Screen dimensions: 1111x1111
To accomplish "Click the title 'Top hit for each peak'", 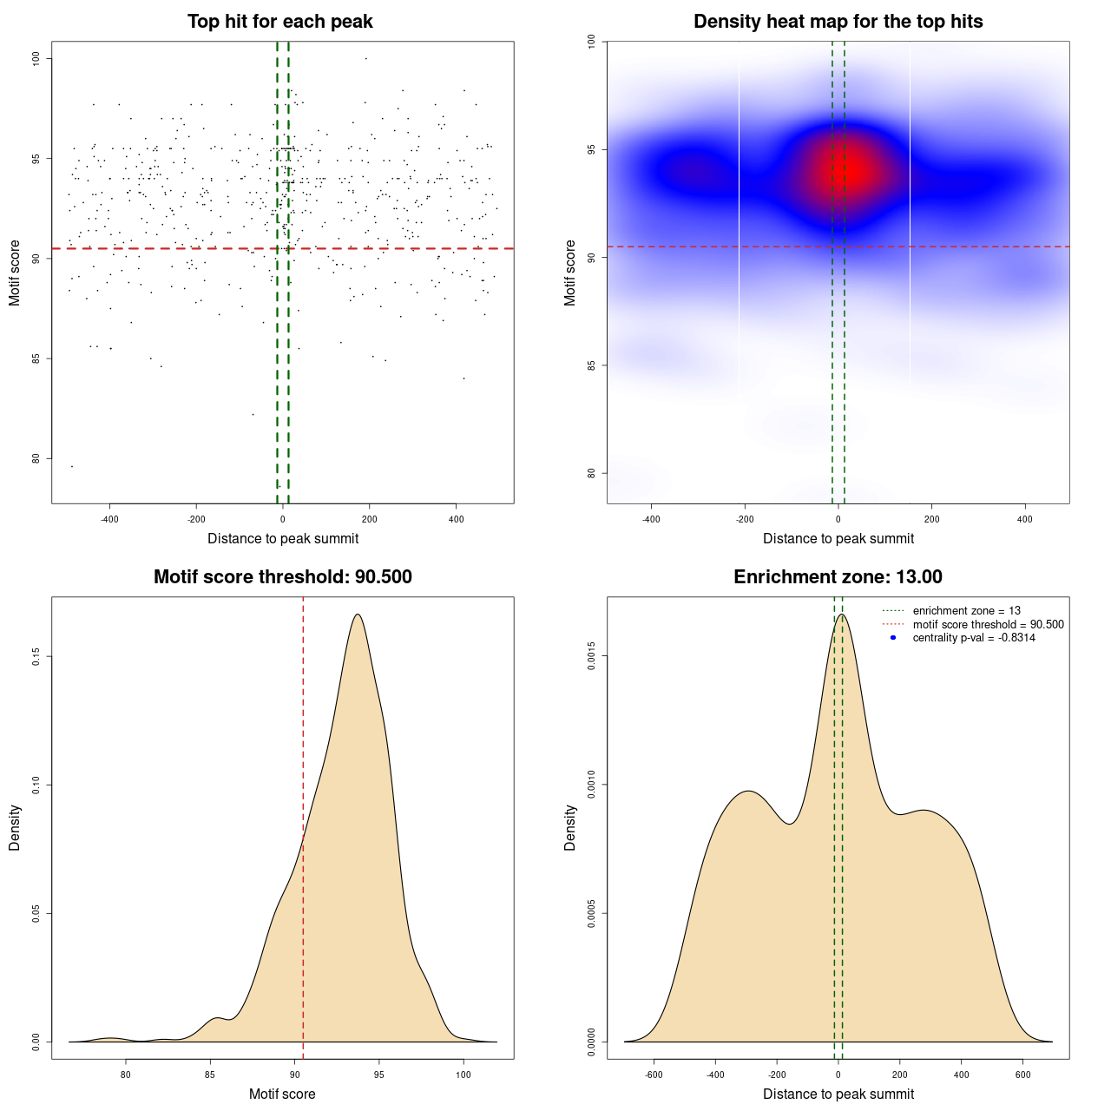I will tap(280, 22).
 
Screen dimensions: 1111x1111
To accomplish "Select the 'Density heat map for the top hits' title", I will tap(838, 22).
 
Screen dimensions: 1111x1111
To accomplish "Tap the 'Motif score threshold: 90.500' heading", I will tap(282, 577).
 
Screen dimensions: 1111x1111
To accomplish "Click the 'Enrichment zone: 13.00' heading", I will tap(838, 577).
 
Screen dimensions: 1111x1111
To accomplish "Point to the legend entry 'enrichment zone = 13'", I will tap(966, 611).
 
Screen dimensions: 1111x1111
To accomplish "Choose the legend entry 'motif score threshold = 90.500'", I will tap(988, 625).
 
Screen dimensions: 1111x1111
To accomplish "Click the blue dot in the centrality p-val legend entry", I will tap(893, 638).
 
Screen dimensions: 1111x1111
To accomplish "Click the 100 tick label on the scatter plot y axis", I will tap(36, 58).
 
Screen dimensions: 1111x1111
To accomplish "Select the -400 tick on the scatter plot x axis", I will tap(109, 519).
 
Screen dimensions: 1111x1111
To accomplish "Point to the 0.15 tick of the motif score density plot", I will tap(36, 656).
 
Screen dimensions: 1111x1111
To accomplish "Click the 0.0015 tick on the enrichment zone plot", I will tap(592, 656).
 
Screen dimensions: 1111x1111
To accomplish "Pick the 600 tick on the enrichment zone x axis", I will tap(1022, 1075).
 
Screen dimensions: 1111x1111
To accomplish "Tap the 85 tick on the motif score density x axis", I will tap(210, 1075).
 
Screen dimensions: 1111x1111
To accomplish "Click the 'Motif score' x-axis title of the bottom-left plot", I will tap(282, 1095).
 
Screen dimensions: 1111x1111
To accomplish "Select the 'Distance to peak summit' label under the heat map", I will tap(838, 539).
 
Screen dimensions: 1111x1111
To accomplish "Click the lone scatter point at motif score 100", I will tap(366, 58).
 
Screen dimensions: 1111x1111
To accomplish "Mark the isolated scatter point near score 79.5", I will tap(72, 466).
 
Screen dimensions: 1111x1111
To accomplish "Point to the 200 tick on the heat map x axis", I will tap(931, 519).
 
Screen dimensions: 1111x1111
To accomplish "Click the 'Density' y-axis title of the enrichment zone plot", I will tap(570, 827).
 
